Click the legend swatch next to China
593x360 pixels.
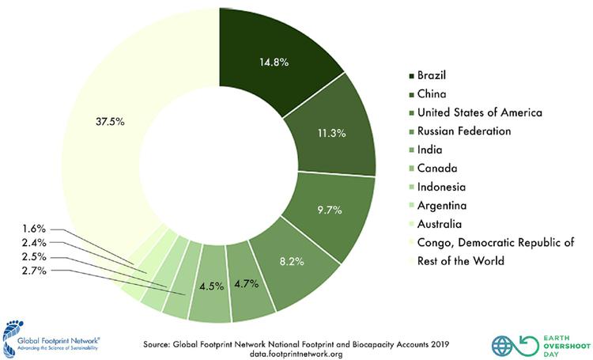412,94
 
